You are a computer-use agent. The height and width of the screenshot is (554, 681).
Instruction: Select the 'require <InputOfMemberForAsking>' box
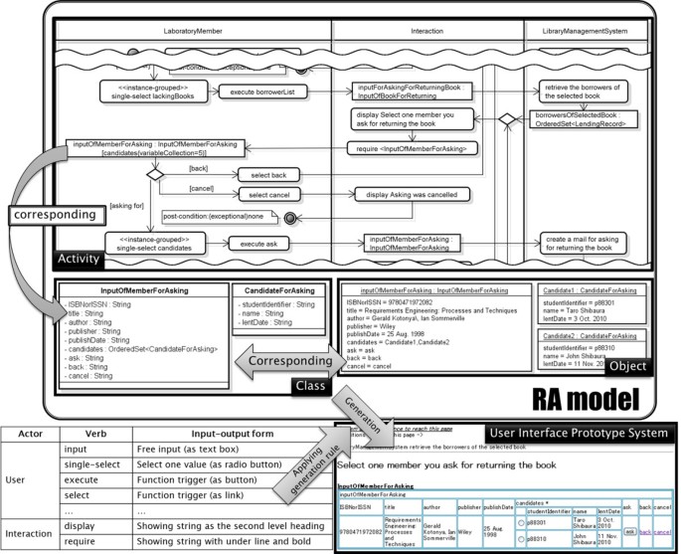413,147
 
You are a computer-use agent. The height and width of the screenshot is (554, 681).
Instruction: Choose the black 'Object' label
625,366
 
